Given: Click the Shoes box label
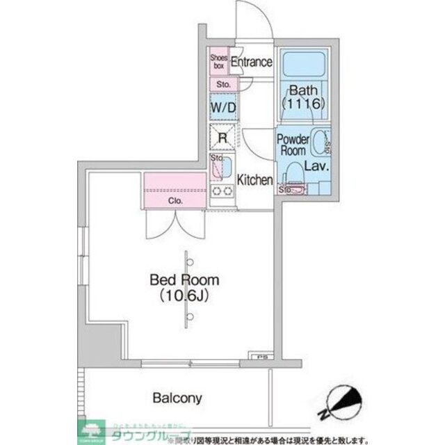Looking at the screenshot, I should pyautogui.click(x=219, y=62).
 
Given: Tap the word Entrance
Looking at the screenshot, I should pyautogui.click(x=251, y=62).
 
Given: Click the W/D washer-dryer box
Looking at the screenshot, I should pyautogui.click(x=223, y=108).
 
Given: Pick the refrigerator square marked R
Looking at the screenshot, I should pyautogui.click(x=223, y=137).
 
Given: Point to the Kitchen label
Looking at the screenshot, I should pyautogui.click(x=255, y=180).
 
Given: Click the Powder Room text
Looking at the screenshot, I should pyautogui.click(x=293, y=145).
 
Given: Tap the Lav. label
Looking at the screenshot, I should pyautogui.click(x=317, y=168).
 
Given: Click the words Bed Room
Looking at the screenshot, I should pyautogui.click(x=185, y=280).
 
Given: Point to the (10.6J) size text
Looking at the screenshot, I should pyautogui.click(x=185, y=296).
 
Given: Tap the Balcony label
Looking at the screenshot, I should pyautogui.click(x=177, y=398).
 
